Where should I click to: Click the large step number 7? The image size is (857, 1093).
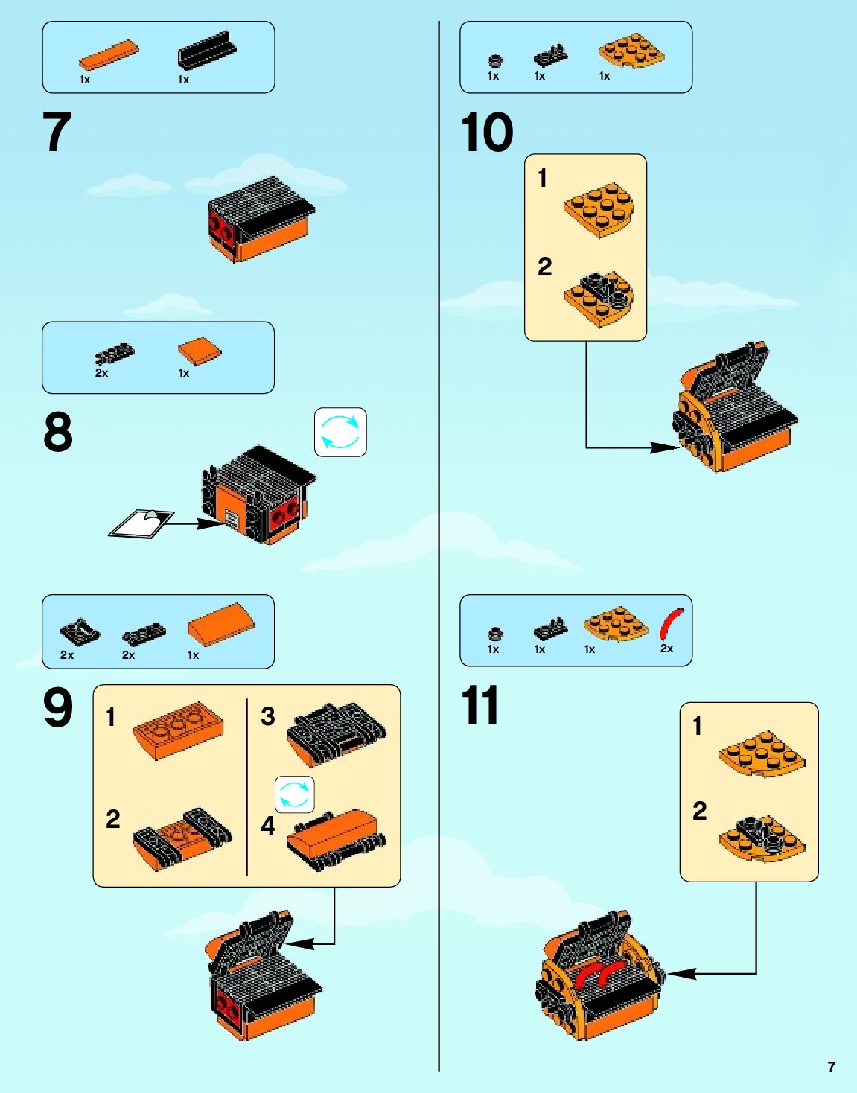(x=57, y=131)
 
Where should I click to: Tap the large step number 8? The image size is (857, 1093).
(x=58, y=432)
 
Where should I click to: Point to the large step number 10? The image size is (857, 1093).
(x=487, y=131)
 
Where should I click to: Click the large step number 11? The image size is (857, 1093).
(x=480, y=704)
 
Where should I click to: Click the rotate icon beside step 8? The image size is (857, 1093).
(x=340, y=432)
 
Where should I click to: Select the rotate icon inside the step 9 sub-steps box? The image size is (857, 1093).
(x=295, y=794)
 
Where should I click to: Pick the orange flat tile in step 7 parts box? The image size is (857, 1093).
(x=109, y=54)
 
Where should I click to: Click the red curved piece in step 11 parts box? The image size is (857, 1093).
(x=672, y=624)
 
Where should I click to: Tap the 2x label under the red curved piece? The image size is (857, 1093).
(x=666, y=649)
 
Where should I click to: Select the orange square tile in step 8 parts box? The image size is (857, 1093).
(x=199, y=350)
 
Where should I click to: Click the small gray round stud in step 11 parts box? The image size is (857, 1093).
(x=494, y=634)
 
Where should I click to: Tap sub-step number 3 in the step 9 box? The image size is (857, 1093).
(x=267, y=716)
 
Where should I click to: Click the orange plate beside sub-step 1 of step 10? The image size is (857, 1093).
(x=599, y=210)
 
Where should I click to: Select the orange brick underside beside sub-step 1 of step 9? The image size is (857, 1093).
(x=178, y=730)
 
